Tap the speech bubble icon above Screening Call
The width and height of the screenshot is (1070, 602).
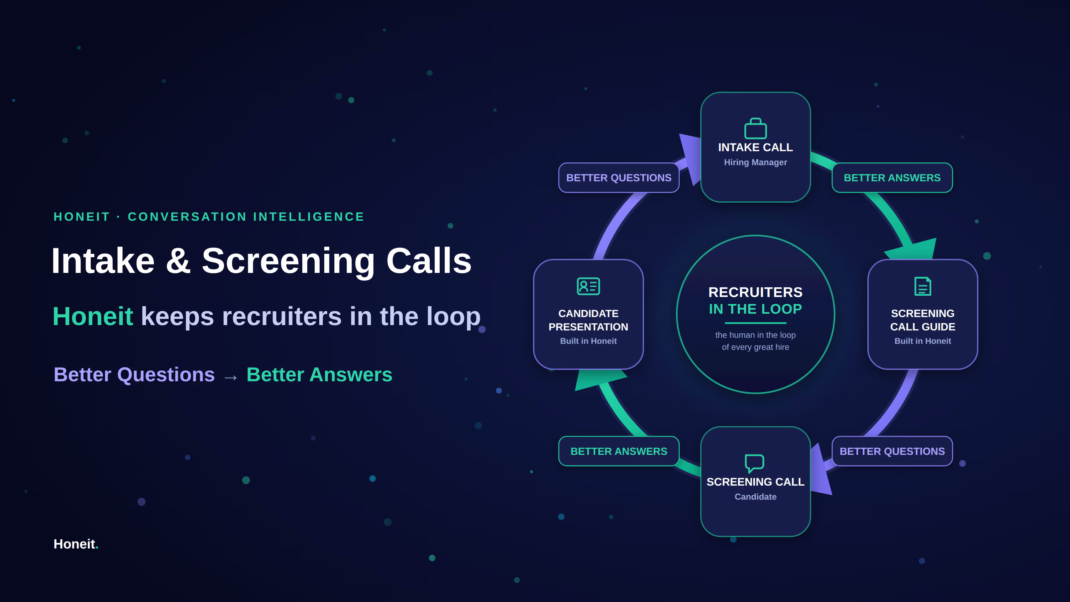pyautogui.click(x=754, y=463)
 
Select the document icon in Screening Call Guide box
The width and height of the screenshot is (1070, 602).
pyautogui.click(x=923, y=286)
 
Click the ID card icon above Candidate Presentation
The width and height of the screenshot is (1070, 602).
pyautogui.click(x=588, y=286)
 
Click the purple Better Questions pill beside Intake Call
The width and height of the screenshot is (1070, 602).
pyautogui.click(x=619, y=178)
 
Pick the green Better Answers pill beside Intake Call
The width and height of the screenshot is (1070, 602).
pyautogui.click(x=892, y=178)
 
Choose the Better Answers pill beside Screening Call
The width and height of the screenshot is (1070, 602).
pyautogui.click(x=619, y=451)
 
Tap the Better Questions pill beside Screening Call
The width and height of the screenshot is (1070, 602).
pyautogui.click(x=892, y=451)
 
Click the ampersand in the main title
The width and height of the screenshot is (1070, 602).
pyautogui.click(x=178, y=261)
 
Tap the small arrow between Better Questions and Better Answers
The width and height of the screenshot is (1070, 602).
pyautogui.click(x=230, y=377)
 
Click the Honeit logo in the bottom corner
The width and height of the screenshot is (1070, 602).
pyautogui.click(x=76, y=544)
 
